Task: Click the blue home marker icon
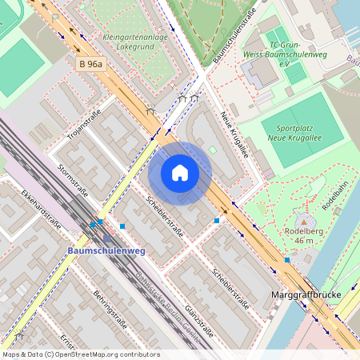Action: point(180,172)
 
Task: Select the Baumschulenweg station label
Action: point(106,250)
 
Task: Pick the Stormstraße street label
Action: point(74,180)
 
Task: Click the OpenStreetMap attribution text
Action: point(81,354)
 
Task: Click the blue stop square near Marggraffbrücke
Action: point(287,259)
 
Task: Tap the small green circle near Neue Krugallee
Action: point(213,150)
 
